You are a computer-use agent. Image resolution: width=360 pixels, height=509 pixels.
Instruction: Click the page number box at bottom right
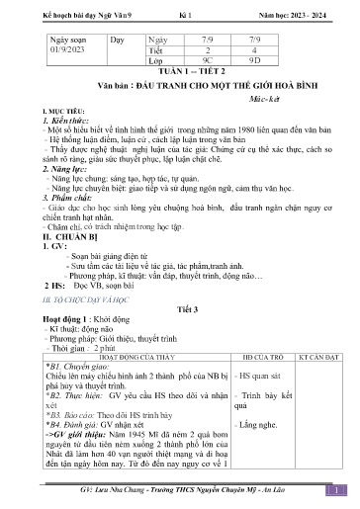coord(337,488)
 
